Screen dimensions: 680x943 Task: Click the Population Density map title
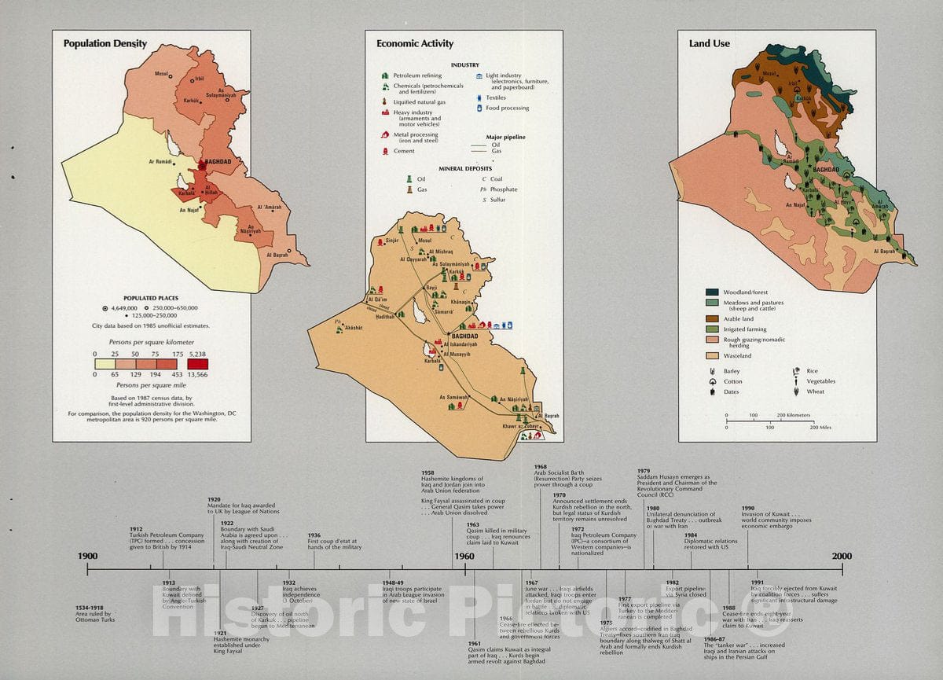105,44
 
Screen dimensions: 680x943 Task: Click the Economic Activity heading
414,44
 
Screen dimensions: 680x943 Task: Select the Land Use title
710,44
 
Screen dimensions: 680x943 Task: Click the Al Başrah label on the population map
277,255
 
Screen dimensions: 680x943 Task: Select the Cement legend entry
404,151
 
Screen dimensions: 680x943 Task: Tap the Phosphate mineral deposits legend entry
503,189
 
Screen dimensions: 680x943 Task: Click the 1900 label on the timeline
87,557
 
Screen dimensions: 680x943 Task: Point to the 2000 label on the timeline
842,557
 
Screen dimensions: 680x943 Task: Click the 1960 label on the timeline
464,557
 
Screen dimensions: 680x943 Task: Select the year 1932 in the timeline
288,583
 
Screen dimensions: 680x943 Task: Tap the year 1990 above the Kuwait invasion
747,508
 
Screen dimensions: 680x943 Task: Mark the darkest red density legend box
198,364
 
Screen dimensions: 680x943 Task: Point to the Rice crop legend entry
811,371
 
